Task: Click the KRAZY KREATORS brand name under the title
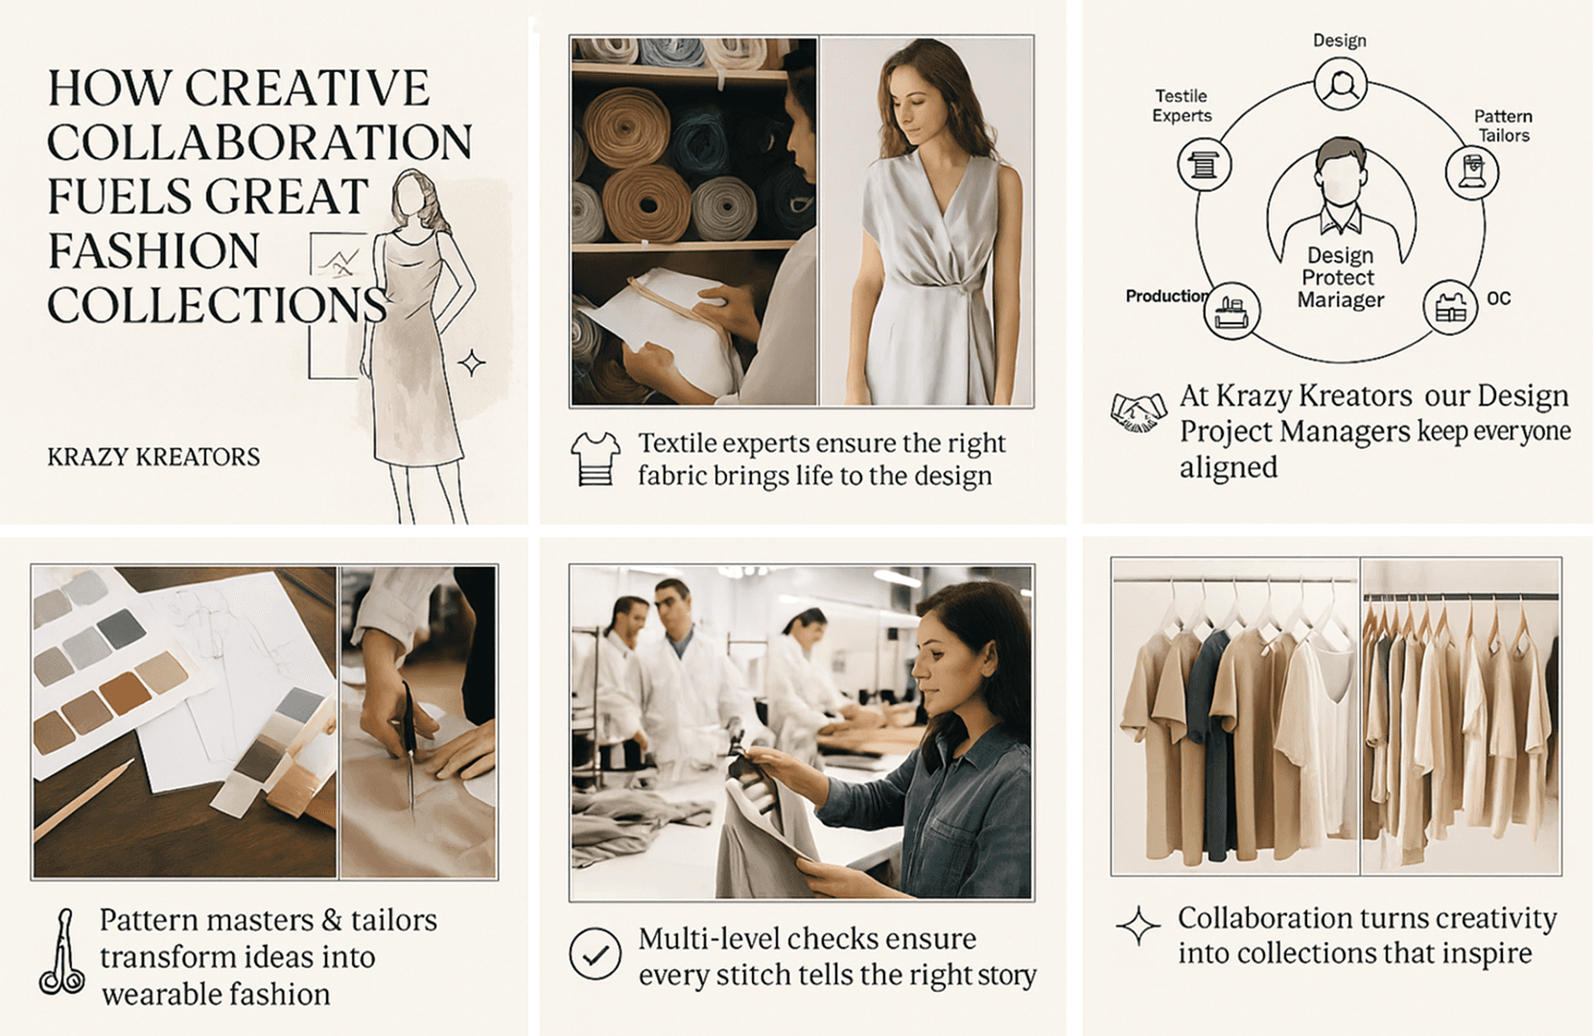click(153, 457)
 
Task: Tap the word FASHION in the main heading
click(153, 250)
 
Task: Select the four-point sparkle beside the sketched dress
click(471, 363)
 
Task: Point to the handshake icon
click(1138, 412)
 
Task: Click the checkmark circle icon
click(595, 954)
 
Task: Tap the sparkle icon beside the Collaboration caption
click(1138, 926)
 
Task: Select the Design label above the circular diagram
click(1339, 40)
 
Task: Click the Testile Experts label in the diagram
click(1182, 106)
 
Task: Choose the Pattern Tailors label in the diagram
click(1503, 126)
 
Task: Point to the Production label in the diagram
click(1167, 296)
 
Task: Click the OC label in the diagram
click(1499, 298)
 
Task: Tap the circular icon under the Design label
click(1340, 84)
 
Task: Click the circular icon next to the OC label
click(1450, 307)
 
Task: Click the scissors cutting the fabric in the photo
click(410, 747)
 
